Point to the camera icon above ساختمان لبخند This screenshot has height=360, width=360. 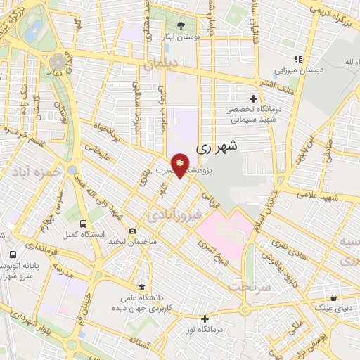pos(132,231)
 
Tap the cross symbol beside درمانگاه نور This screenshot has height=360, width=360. pos(205,319)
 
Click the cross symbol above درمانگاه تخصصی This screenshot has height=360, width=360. pos(253,98)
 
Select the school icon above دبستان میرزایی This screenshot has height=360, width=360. pos(298,60)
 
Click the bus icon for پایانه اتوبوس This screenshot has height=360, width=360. pos(13,255)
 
